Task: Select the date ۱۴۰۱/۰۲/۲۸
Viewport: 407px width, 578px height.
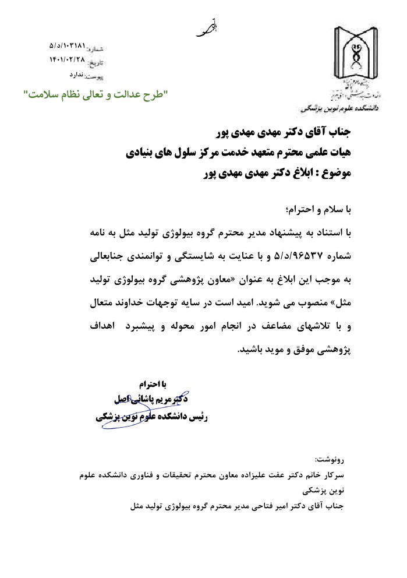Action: pos(68,59)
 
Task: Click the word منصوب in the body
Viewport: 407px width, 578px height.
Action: pos(315,304)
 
